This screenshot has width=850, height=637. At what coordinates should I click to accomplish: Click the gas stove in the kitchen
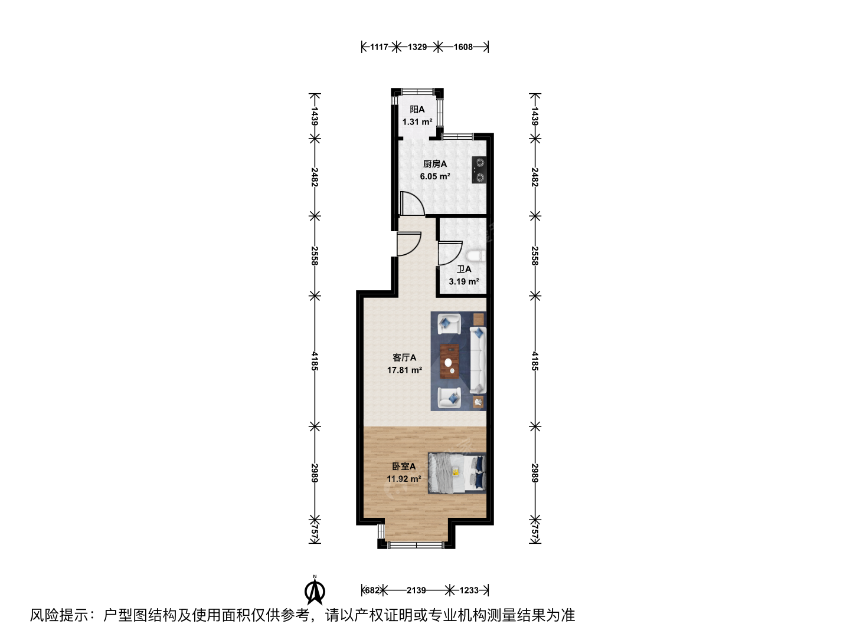tap(479, 170)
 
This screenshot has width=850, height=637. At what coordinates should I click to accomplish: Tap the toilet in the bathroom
tap(476, 256)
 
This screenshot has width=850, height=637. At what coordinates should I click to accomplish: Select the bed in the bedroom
tap(457, 473)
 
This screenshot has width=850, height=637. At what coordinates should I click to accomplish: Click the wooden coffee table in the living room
tap(450, 361)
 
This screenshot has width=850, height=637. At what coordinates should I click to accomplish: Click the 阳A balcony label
tap(417, 110)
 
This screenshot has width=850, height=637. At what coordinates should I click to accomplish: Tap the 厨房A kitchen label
tap(435, 164)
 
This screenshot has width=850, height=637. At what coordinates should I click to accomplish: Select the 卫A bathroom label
tap(464, 269)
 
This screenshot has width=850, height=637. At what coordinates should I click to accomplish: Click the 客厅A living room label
tap(404, 358)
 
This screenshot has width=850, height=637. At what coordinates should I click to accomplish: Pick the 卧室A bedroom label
tap(404, 467)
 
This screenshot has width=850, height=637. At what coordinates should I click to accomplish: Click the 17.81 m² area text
tap(404, 370)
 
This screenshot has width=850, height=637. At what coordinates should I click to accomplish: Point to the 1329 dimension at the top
tap(417, 47)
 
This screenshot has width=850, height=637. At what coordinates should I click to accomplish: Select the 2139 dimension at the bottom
tap(416, 590)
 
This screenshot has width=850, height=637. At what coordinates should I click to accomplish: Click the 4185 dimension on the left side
tap(315, 361)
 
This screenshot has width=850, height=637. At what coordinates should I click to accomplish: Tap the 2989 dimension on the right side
tap(535, 473)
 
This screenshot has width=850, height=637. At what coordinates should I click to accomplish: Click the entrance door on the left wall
tap(409, 244)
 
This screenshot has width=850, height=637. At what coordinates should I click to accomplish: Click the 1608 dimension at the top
tap(463, 47)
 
